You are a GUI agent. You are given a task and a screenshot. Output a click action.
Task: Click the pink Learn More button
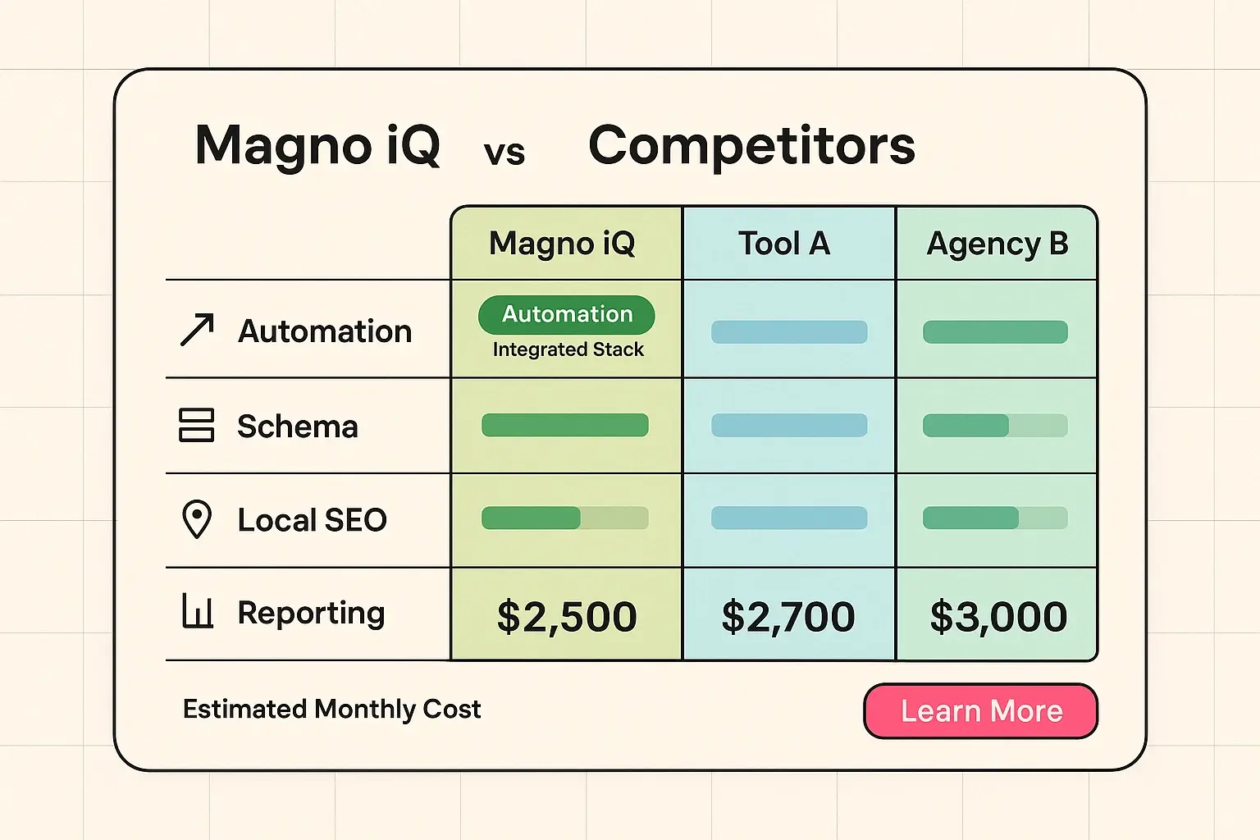point(980,710)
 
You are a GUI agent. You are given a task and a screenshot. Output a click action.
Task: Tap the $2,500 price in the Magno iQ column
point(567,616)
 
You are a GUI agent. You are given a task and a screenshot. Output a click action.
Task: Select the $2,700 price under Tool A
point(788,616)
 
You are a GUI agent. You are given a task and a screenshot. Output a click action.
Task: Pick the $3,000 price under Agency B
point(998,616)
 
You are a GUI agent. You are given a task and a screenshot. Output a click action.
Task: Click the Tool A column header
point(784,244)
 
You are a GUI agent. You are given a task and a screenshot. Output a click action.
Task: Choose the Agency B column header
point(997,244)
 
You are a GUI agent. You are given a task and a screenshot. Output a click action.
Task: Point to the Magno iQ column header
point(562,244)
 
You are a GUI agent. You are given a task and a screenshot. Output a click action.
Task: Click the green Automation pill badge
point(567,314)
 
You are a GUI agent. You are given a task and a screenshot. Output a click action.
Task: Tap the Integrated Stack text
point(568,349)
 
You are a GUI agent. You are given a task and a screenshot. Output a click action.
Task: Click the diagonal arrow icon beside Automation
point(197,330)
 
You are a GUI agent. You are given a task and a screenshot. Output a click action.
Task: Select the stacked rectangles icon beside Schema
point(197,425)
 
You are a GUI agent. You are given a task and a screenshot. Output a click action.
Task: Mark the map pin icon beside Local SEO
point(197,519)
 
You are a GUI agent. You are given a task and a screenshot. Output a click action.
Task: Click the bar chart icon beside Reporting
point(197,612)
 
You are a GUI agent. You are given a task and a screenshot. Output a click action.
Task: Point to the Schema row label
point(298,427)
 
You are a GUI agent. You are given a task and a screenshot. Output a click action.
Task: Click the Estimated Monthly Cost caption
point(331,709)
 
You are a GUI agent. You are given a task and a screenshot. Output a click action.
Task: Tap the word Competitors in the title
point(751,146)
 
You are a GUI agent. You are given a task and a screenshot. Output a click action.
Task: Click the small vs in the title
point(504,153)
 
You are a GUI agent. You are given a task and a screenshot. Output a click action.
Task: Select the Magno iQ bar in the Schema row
point(565,425)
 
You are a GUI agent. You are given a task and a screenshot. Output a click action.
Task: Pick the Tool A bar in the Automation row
point(789,332)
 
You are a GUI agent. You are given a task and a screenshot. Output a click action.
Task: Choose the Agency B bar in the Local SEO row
point(995,518)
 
